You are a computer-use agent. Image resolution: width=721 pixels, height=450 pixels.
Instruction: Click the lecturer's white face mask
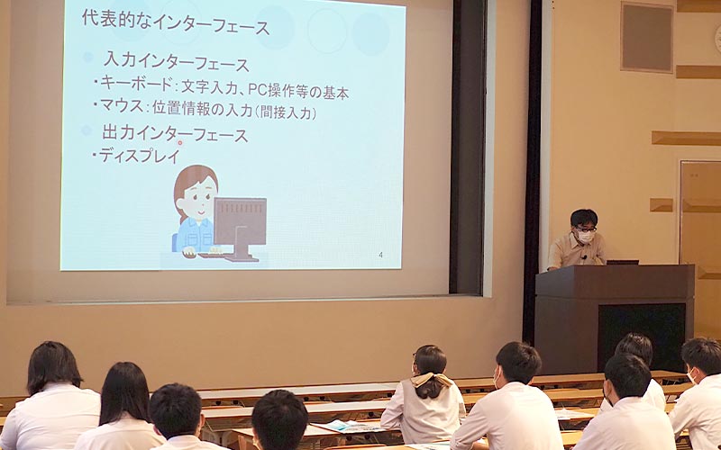click(585, 236)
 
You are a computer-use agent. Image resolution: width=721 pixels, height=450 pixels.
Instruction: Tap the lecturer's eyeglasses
click(585, 229)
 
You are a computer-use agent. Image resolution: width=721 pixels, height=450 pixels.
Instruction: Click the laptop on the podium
click(622, 262)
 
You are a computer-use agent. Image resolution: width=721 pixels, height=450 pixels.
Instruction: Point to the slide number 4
click(380, 255)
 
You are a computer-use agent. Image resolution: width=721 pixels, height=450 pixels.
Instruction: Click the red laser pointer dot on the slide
click(179, 143)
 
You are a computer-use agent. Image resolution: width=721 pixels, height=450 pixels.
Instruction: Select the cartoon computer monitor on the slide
click(240, 229)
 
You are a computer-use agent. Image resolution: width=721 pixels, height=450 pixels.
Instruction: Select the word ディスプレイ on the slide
click(140, 156)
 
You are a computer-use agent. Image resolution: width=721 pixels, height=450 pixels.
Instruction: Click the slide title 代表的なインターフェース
click(176, 23)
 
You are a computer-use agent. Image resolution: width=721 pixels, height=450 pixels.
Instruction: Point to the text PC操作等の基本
click(302, 91)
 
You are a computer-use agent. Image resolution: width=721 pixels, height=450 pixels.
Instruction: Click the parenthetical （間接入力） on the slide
click(286, 112)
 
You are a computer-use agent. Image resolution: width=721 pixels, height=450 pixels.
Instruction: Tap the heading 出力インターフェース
click(175, 134)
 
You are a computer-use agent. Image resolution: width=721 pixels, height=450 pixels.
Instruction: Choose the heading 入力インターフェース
click(176, 62)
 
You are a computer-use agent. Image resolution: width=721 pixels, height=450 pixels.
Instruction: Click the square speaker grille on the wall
click(646, 37)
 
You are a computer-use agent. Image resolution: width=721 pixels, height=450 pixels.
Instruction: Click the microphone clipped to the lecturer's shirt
click(584, 257)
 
